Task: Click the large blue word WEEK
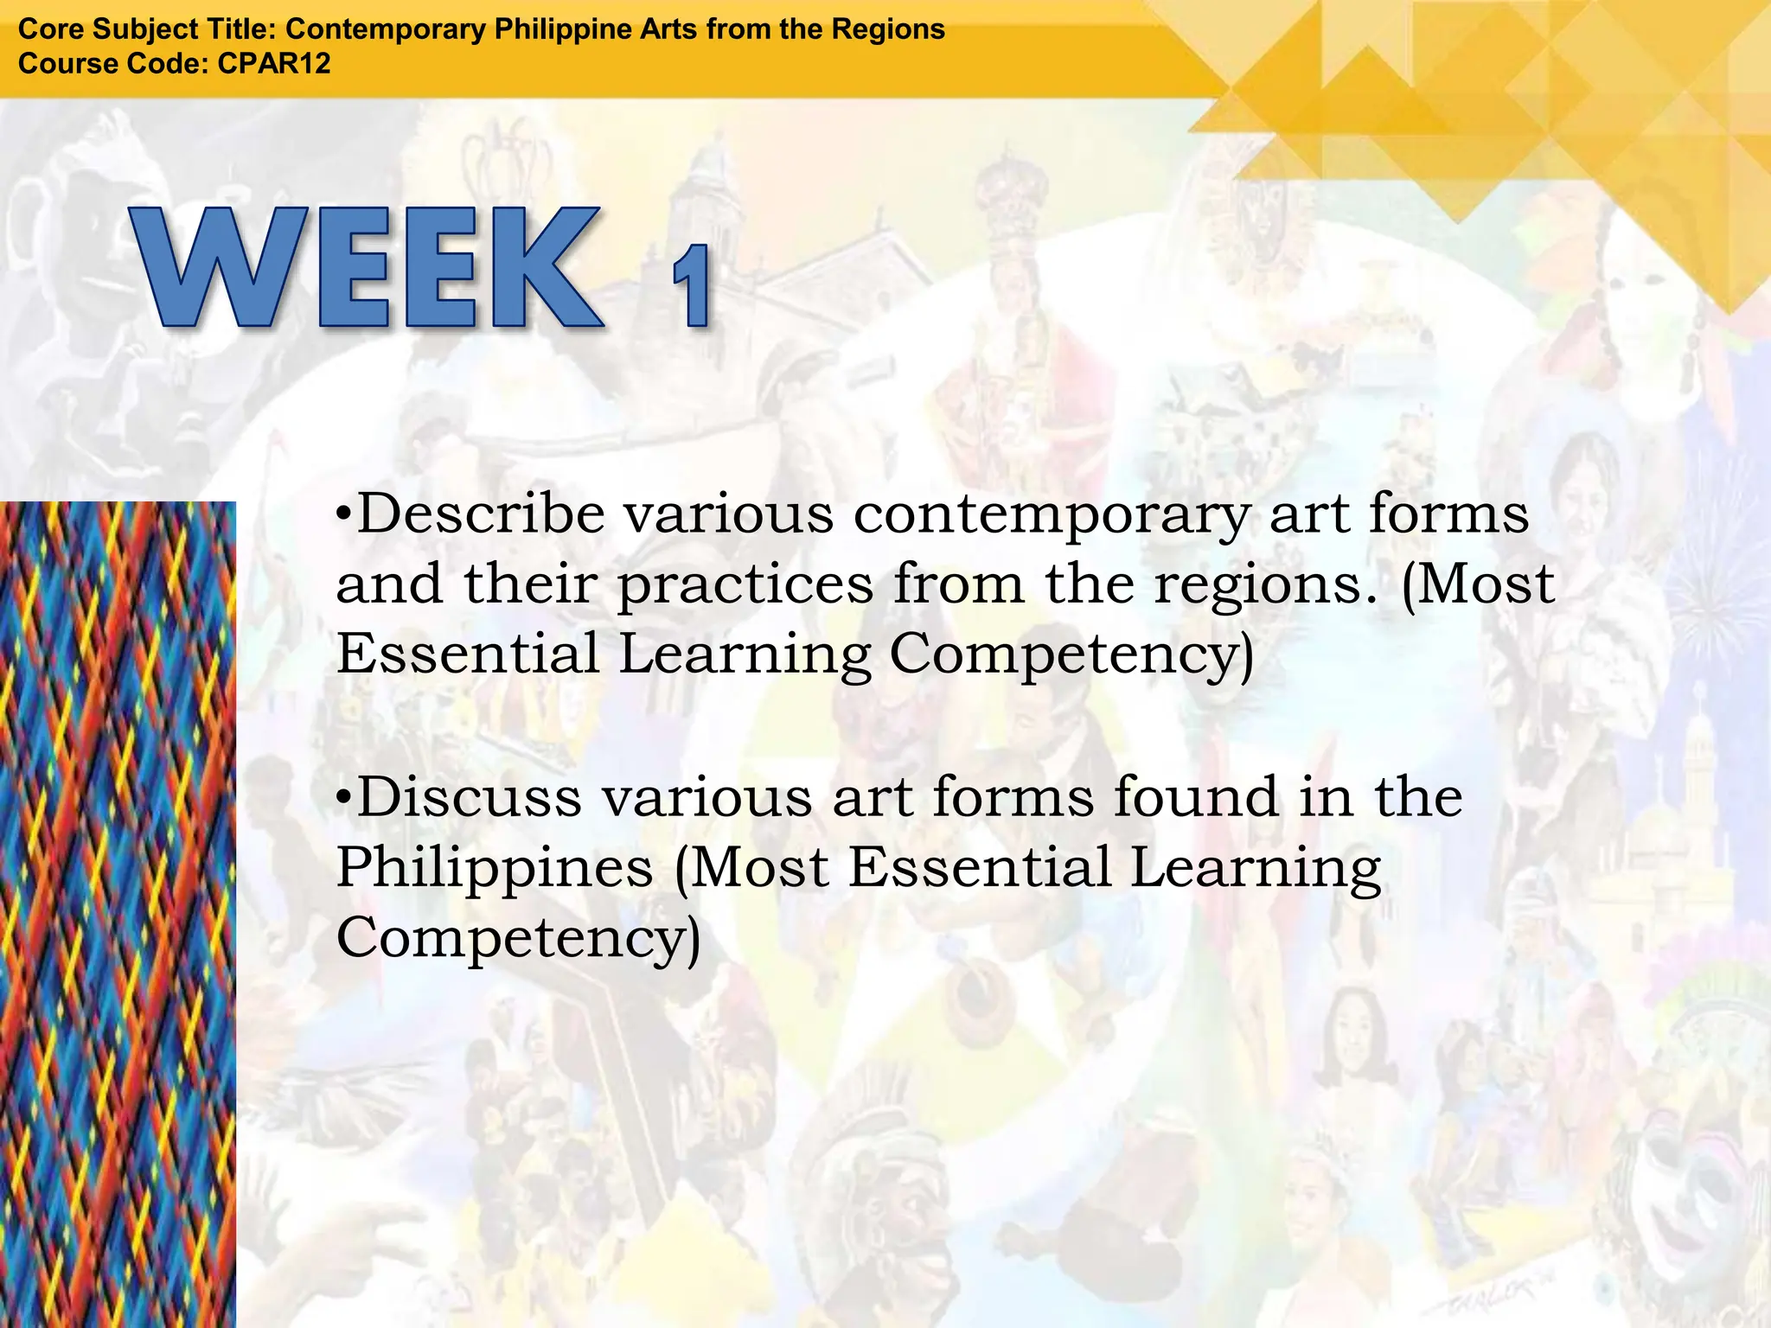(x=368, y=267)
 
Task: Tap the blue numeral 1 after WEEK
(x=693, y=286)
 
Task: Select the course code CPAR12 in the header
(x=274, y=64)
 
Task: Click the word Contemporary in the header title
(x=386, y=29)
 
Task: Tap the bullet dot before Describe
(x=344, y=515)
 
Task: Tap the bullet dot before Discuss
(x=344, y=798)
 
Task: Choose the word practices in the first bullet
(x=745, y=586)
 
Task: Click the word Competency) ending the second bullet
(x=518, y=939)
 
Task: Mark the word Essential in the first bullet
(x=468, y=654)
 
